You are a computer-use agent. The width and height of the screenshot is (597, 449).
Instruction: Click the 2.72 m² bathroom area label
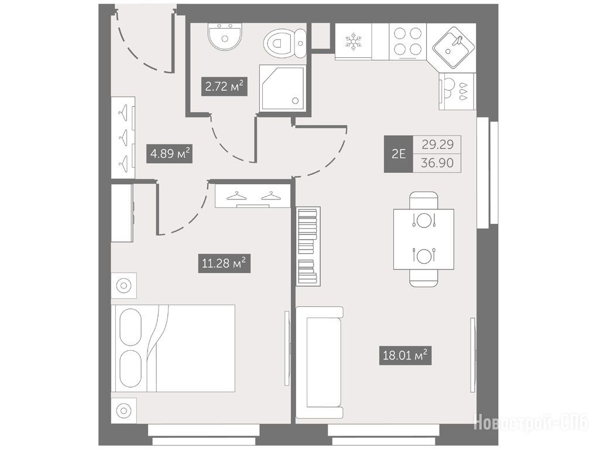tap(224, 87)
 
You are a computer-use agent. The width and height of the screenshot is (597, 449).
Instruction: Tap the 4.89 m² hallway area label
tap(169, 154)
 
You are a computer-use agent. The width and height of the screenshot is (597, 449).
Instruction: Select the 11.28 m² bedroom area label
tap(224, 263)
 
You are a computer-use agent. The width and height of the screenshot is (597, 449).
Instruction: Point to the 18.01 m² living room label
tap(405, 356)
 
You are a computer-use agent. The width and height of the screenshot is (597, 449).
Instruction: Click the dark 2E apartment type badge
tap(398, 154)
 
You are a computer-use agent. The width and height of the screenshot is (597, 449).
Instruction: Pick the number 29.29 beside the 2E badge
tap(437, 144)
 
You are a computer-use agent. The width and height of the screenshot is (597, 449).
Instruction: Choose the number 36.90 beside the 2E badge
tap(437, 163)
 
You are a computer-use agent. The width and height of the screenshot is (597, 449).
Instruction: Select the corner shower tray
tap(283, 88)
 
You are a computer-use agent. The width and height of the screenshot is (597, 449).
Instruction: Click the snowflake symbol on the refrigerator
tap(353, 42)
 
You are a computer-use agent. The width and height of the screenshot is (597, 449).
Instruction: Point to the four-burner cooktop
tap(408, 41)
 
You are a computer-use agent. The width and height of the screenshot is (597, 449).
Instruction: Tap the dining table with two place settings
tap(424, 239)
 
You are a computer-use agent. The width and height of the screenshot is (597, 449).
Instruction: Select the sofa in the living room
tap(320, 362)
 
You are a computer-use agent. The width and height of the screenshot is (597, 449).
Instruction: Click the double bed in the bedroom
tap(173, 348)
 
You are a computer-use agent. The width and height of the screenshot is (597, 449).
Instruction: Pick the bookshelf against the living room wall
tap(308, 246)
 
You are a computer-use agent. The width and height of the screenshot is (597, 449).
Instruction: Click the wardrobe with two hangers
tap(251, 195)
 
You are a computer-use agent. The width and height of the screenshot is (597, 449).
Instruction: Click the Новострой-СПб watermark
tap(531, 422)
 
